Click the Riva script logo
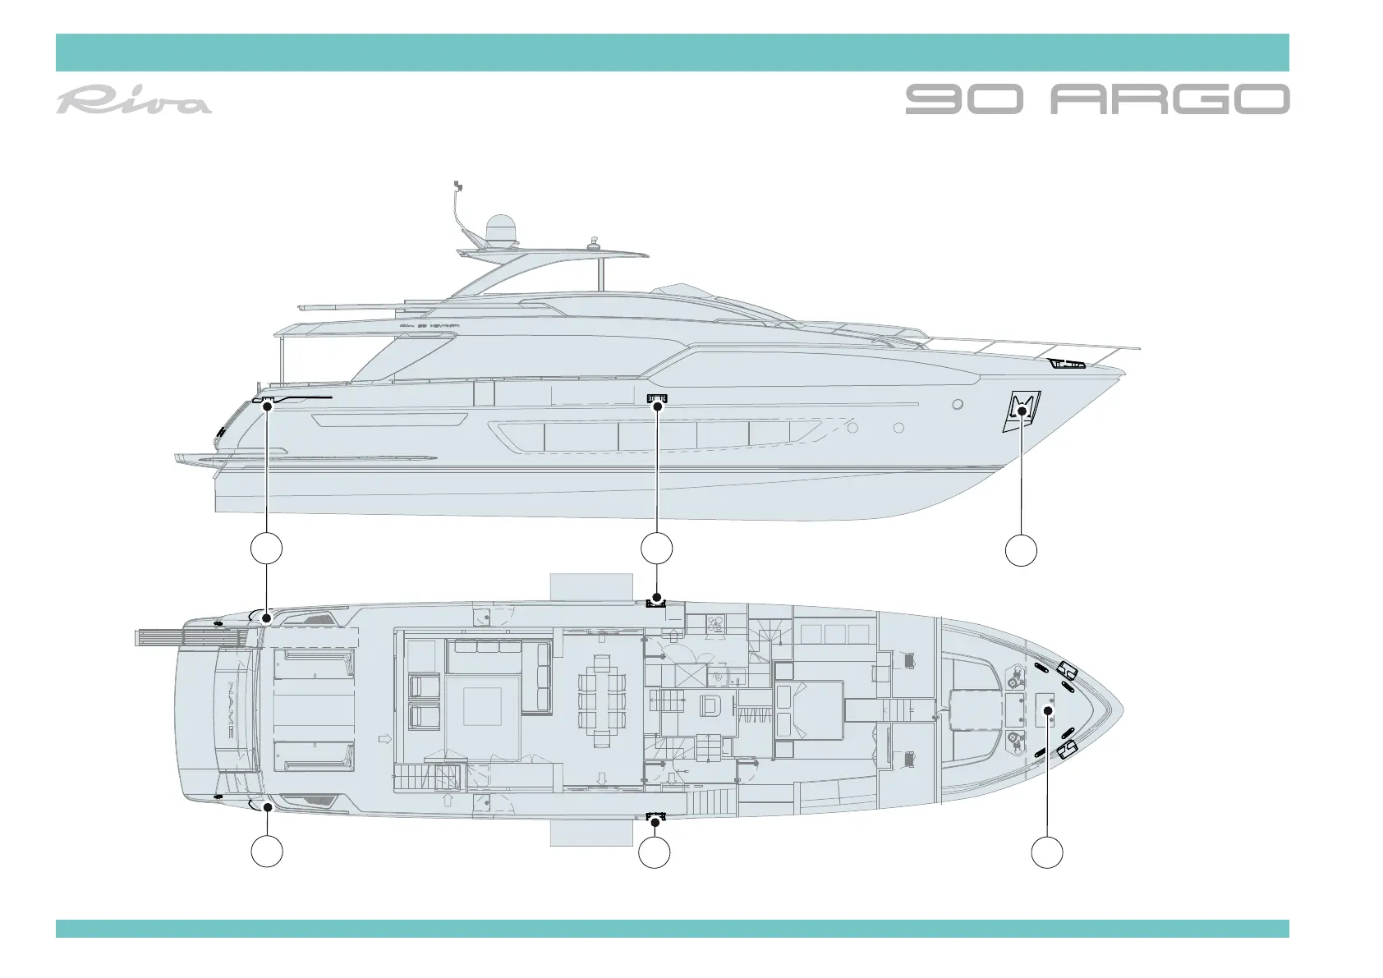pos(134,101)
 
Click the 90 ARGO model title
pos(1097,99)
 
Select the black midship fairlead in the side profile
pos(658,400)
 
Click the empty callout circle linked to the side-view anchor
pos(1021,549)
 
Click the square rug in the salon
pos(482,706)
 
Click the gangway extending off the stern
pos(189,637)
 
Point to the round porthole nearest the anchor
pos(958,404)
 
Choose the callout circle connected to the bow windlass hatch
pos(1047,852)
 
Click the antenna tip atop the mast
pos(457,183)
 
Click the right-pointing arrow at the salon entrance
pos(384,739)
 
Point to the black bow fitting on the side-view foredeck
pos(1068,363)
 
